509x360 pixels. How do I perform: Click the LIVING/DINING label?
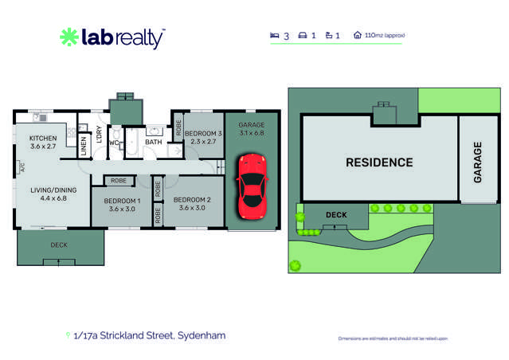[49, 190]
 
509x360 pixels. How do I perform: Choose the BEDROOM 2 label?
[191, 199]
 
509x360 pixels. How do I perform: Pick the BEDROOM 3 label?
[203, 134]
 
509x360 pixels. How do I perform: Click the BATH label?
[154, 143]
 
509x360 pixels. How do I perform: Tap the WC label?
[114, 143]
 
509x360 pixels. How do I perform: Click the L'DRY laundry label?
[99, 135]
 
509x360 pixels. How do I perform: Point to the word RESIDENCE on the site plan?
[379, 162]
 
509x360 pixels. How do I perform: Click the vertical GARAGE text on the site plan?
[478, 162]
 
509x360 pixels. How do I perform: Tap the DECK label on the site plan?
[336, 214]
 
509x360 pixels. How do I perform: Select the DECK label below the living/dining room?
[59, 245]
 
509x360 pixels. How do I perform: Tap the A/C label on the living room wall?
[22, 167]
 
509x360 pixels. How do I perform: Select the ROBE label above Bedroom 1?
[118, 181]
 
